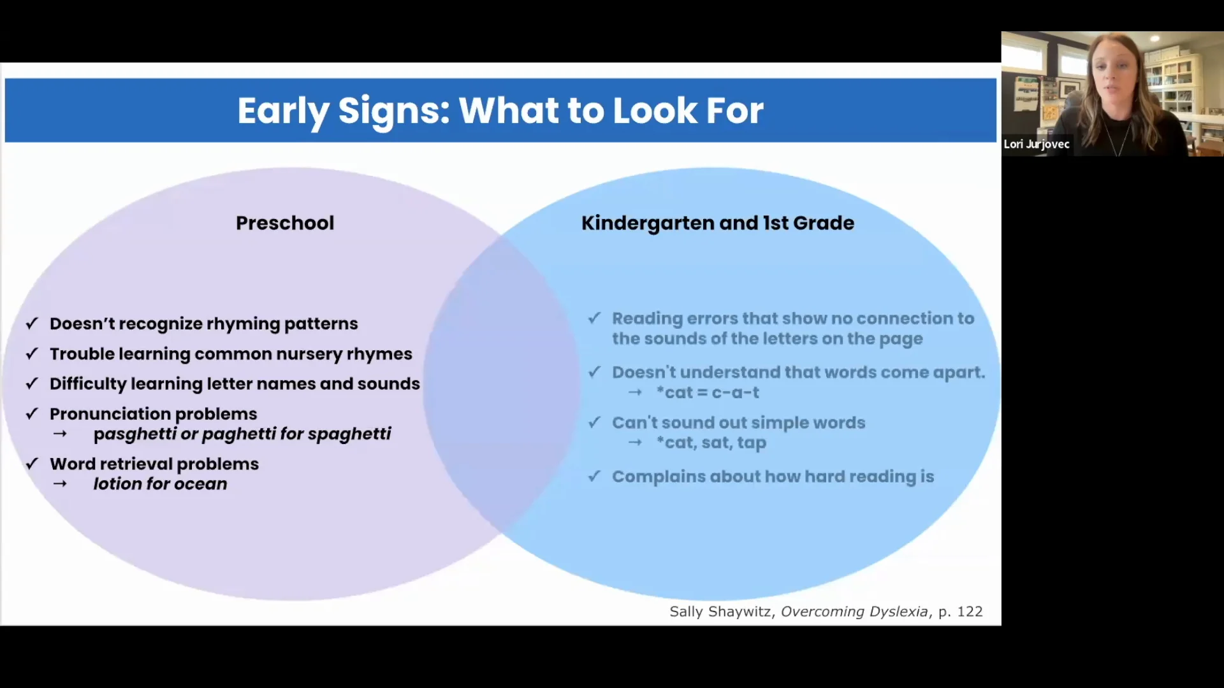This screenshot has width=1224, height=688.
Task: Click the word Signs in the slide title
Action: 393,111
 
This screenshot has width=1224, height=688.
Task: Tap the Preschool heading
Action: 285,223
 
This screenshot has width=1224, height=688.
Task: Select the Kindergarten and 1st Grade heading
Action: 718,223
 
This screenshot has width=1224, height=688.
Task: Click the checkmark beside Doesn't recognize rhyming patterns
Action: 32,324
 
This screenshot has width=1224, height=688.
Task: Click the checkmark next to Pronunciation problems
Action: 32,414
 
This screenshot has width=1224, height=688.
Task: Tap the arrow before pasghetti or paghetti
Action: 60,434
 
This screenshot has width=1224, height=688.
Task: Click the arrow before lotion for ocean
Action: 60,484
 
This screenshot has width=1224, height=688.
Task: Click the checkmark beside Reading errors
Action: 595,317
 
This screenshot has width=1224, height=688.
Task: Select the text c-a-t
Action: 735,393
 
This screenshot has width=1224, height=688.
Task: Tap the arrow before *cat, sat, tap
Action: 635,442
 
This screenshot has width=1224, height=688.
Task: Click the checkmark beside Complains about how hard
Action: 595,476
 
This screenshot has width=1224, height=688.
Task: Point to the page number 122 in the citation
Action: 970,612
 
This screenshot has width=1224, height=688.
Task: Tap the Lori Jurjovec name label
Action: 1037,144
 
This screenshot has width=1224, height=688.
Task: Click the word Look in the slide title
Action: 655,111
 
